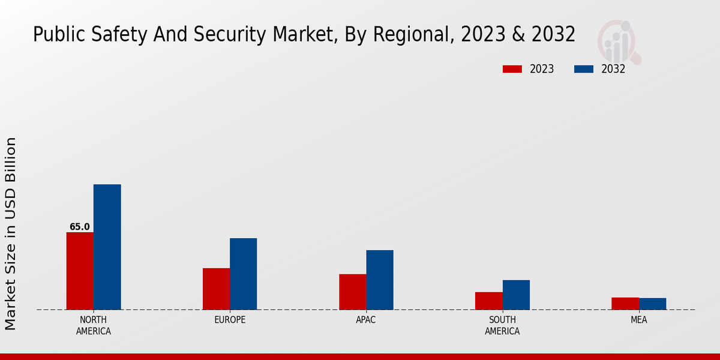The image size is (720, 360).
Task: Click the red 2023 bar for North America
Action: pos(80,271)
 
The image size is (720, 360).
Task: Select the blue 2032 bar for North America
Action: pos(107,247)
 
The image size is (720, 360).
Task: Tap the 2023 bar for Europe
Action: pos(216,289)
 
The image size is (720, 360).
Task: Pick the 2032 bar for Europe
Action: pos(243,274)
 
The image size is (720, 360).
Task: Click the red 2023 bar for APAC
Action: pos(353,292)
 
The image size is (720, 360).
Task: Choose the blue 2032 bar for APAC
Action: pos(380,280)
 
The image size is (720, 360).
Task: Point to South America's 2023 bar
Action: pos(489,301)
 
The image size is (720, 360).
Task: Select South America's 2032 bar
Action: pos(516,295)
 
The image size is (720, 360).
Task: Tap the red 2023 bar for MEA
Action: pos(625,304)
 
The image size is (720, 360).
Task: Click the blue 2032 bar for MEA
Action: pos(652,304)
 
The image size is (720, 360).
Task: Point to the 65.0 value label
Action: pos(79,227)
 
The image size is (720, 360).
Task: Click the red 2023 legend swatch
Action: pos(512,69)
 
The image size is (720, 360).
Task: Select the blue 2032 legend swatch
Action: pos(583,69)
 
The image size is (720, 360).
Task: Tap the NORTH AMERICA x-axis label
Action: pos(94,325)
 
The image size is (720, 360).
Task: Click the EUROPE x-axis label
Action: pos(230,320)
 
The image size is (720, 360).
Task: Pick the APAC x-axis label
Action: pos(366,320)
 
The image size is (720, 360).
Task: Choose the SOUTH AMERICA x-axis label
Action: pos(502,325)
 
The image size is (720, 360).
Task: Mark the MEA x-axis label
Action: pos(638,320)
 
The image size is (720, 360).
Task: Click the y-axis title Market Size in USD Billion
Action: pos(11,233)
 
